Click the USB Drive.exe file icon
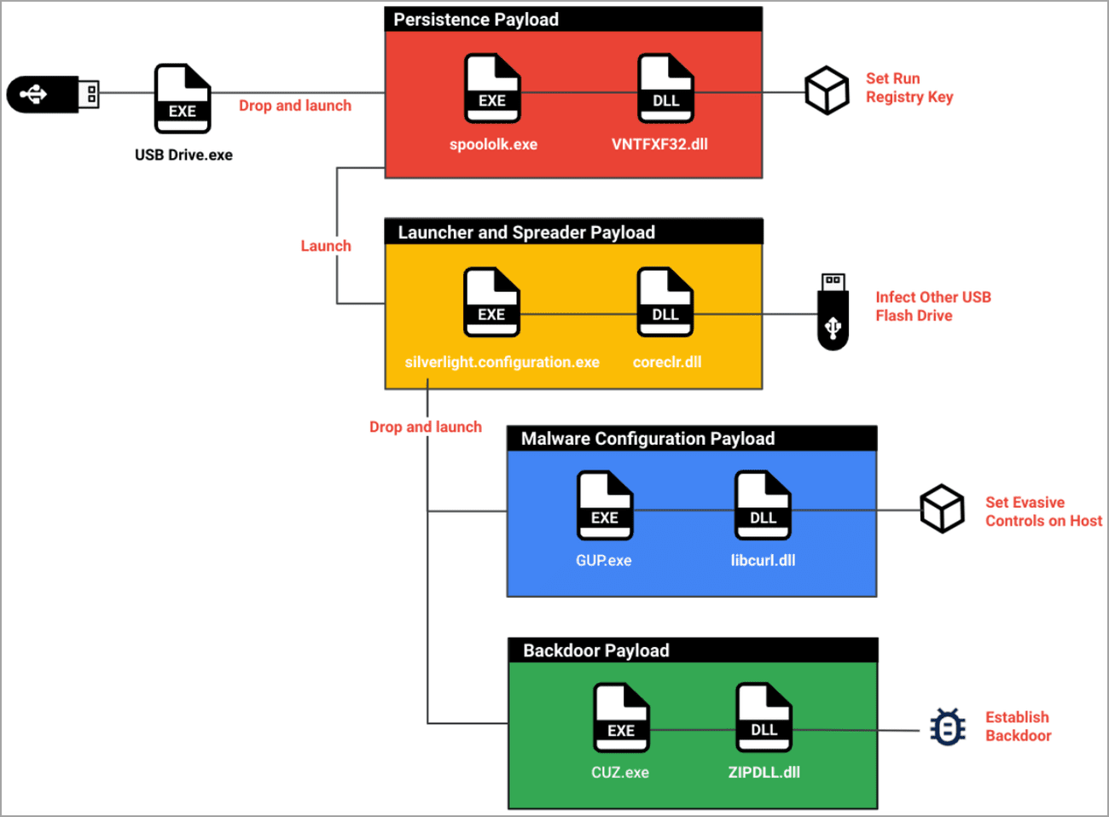183,98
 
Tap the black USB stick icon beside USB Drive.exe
53,94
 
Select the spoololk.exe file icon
492,88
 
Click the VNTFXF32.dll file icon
666,88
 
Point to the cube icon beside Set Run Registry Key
827,90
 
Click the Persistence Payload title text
476,20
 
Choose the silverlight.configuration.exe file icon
491,302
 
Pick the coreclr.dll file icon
665,302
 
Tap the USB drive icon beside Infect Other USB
833,312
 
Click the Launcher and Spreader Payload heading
526,232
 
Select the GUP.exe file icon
605,505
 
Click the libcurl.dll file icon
764,505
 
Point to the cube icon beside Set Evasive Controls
942,509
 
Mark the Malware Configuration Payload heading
647,439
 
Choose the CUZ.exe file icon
621,718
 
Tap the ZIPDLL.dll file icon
764,718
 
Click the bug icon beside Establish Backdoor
948,727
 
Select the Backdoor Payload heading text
595,651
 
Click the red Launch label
326,246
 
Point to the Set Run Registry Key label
909,88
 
